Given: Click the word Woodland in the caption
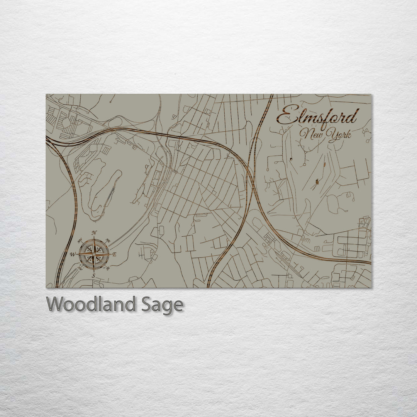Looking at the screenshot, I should [x=91, y=305].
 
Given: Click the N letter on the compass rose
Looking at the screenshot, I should [x=94, y=233].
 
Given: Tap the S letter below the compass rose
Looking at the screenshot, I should [x=93, y=275].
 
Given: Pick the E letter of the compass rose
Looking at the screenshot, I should [x=115, y=254].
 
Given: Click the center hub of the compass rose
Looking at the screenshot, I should [x=94, y=254].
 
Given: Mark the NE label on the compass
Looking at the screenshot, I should [x=108, y=241].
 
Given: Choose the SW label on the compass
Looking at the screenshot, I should [x=80, y=268].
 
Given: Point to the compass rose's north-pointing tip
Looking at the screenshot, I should [x=94, y=239].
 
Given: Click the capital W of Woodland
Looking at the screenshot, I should [x=55, y=304].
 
